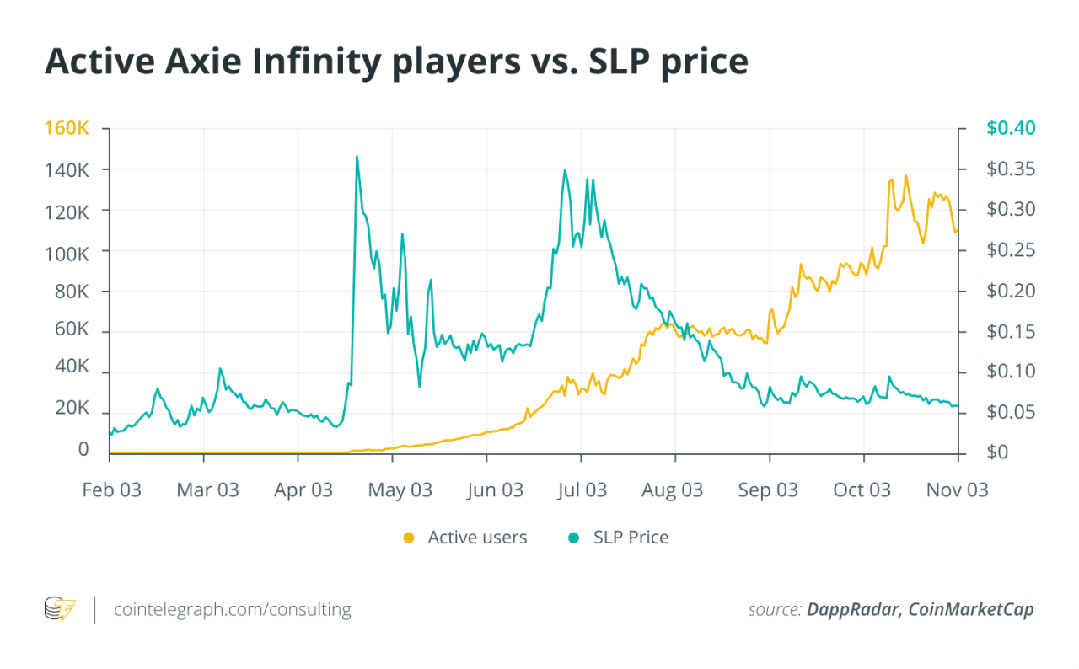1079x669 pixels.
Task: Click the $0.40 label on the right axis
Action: tap(1010, 129)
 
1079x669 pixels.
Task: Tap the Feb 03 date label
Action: tap(111, 490)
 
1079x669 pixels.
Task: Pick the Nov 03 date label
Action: tap(958, 490)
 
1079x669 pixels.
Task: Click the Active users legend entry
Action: tap(476, 538)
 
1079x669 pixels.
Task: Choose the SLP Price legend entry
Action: tap(631, 538)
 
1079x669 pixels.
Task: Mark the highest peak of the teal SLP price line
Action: tap(357, 156)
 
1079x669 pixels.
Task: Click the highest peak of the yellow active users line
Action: tap(906, 175)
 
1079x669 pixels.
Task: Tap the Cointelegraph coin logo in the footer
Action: tap(60, 609)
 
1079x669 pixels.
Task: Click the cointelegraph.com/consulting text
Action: tap(233, 609)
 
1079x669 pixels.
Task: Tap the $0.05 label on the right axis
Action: tap(1010, 413)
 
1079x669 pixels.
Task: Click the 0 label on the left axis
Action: tap(83, 451)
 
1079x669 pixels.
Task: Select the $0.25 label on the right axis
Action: tap(1010, 250)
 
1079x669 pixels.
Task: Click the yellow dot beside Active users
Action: tap(409, 538)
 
